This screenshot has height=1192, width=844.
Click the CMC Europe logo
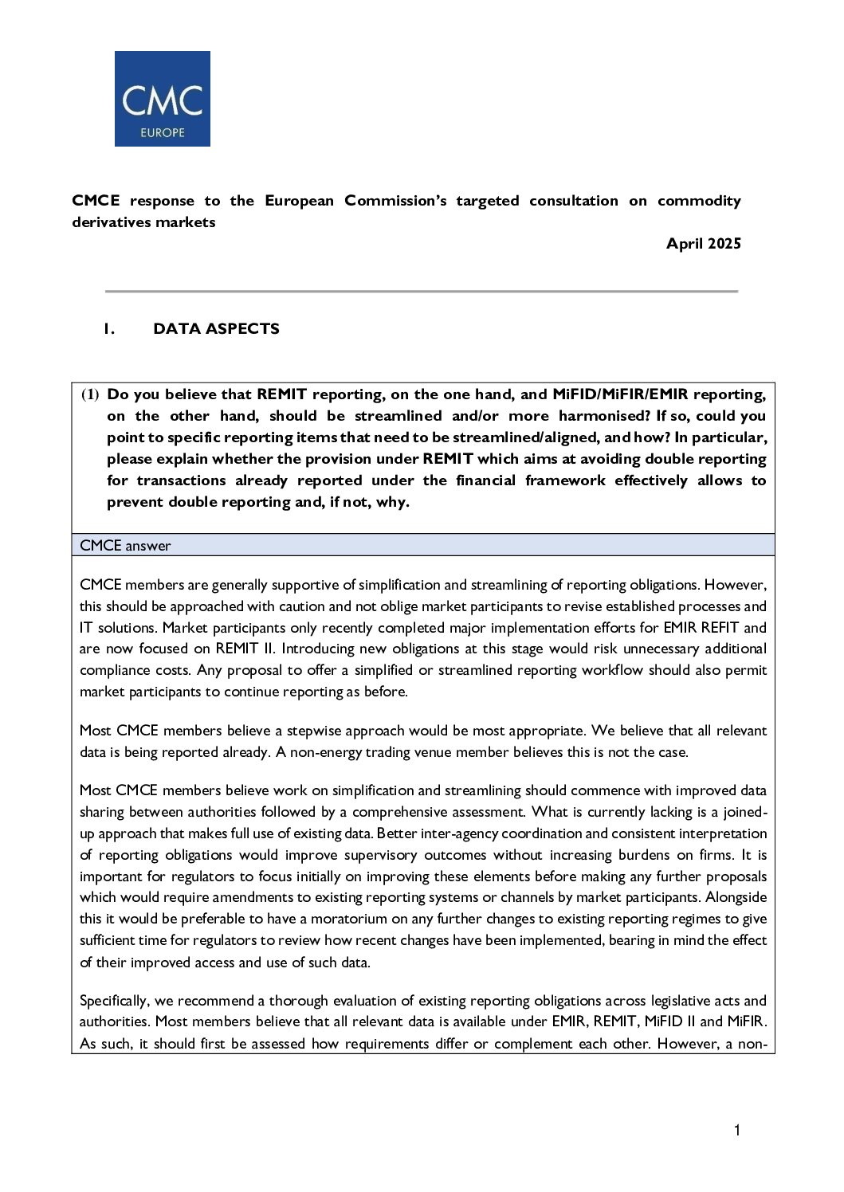click(162, 99)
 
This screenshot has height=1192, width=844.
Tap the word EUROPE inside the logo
click(163, 132)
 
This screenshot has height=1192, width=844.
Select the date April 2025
click(704, 244)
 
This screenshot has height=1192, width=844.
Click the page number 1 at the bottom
click(737, 1130)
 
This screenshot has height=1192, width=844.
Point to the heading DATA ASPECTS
click(216, 329)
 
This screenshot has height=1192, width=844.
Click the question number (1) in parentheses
click(90, 394)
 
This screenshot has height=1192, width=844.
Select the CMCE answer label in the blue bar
click(125, 546)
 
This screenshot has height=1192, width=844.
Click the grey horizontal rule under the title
click(422, 292)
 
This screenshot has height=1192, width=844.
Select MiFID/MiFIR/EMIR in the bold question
click(620, 394)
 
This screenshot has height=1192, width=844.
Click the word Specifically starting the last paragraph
click(114, 1001)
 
